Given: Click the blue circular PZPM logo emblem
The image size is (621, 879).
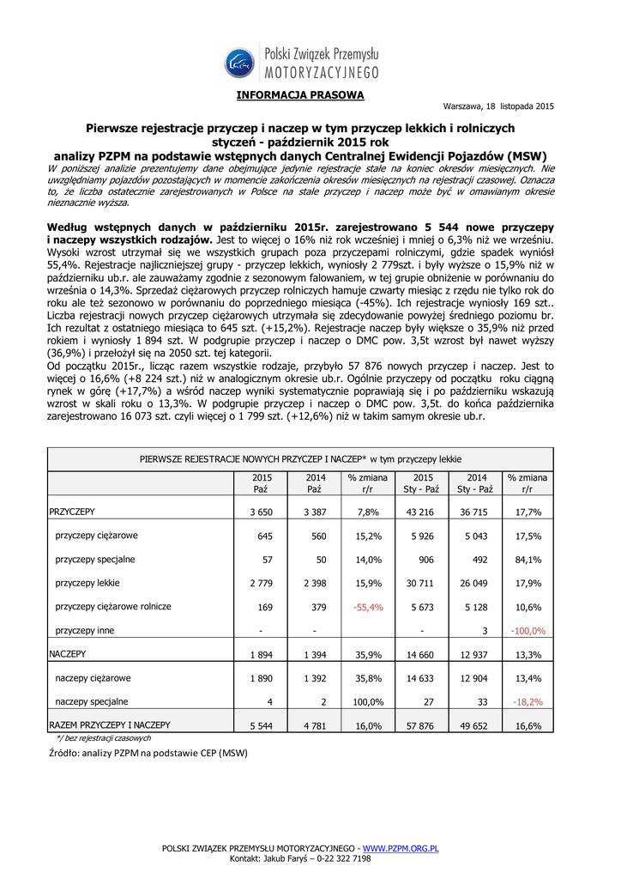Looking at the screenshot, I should (x=239, y=63).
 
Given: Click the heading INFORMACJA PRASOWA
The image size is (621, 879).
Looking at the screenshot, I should (x=300, y=94).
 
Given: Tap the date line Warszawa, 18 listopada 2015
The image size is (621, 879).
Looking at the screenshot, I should (x=498, y=106).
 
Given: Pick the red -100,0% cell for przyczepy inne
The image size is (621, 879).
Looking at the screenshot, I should (x=528, y=631).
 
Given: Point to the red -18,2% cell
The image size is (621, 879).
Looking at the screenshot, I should (x=528, y=701).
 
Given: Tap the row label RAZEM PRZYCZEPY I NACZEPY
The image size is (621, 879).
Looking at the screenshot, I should (x=110, y=724).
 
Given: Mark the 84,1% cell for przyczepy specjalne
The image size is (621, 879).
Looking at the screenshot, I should (x=528, y=560).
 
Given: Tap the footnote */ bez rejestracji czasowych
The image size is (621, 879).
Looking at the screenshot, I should (x=103, y=737).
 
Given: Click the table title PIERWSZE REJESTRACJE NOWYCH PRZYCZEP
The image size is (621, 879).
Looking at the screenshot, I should (x=300, y=459).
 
